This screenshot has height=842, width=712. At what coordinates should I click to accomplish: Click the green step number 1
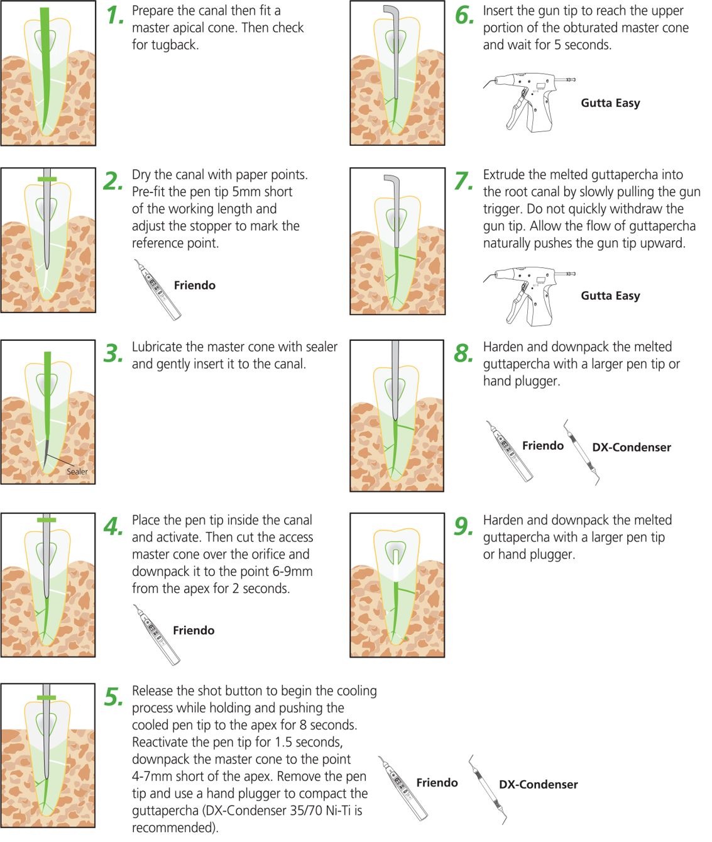[114, 16]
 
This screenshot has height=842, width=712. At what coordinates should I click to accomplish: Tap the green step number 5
[114, 697]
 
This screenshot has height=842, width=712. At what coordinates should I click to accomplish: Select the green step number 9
[464, 526]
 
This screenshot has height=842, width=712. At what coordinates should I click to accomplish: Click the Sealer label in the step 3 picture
[77, 472]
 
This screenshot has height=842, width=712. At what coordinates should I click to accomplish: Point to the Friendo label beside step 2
[194, 285]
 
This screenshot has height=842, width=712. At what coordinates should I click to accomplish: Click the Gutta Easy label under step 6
[610, 103]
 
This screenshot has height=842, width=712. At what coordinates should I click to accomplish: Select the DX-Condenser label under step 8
[631, 448]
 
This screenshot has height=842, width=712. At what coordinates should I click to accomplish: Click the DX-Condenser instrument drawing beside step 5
[488, 789]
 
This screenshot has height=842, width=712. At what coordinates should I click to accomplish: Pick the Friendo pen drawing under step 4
[156, 634]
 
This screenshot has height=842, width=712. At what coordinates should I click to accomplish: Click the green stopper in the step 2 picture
[47, 179]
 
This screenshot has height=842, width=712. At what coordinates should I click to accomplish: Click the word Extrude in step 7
[505, 175]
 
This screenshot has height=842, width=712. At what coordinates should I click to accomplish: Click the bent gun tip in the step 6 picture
[392, 13]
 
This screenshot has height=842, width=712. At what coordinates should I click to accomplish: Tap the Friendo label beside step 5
[437, 783]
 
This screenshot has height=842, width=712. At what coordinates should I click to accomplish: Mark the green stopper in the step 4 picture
[47, 520]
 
